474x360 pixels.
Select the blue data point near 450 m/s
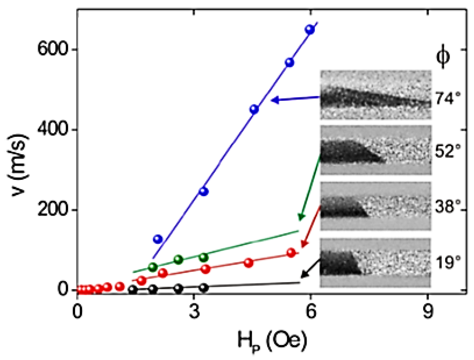[254, 109]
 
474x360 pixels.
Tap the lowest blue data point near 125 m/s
[158, 239]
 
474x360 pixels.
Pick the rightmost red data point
[291, 253]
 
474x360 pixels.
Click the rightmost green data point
[204, 257]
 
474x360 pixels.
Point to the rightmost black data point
[204, 288]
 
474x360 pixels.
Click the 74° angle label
[448, 98]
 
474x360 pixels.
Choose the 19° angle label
[448, 262]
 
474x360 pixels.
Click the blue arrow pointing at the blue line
[295, 99]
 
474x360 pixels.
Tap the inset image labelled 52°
[376, 150]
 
